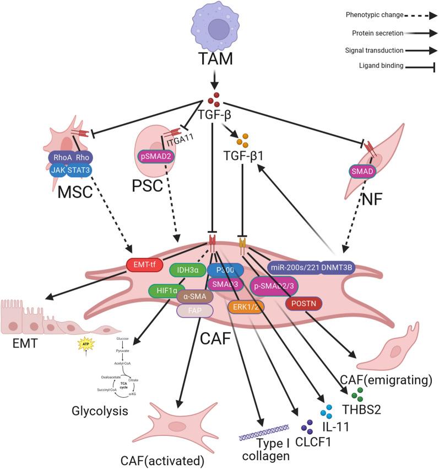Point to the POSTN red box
click(x=302, y=303)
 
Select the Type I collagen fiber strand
click(x=264, y=435)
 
